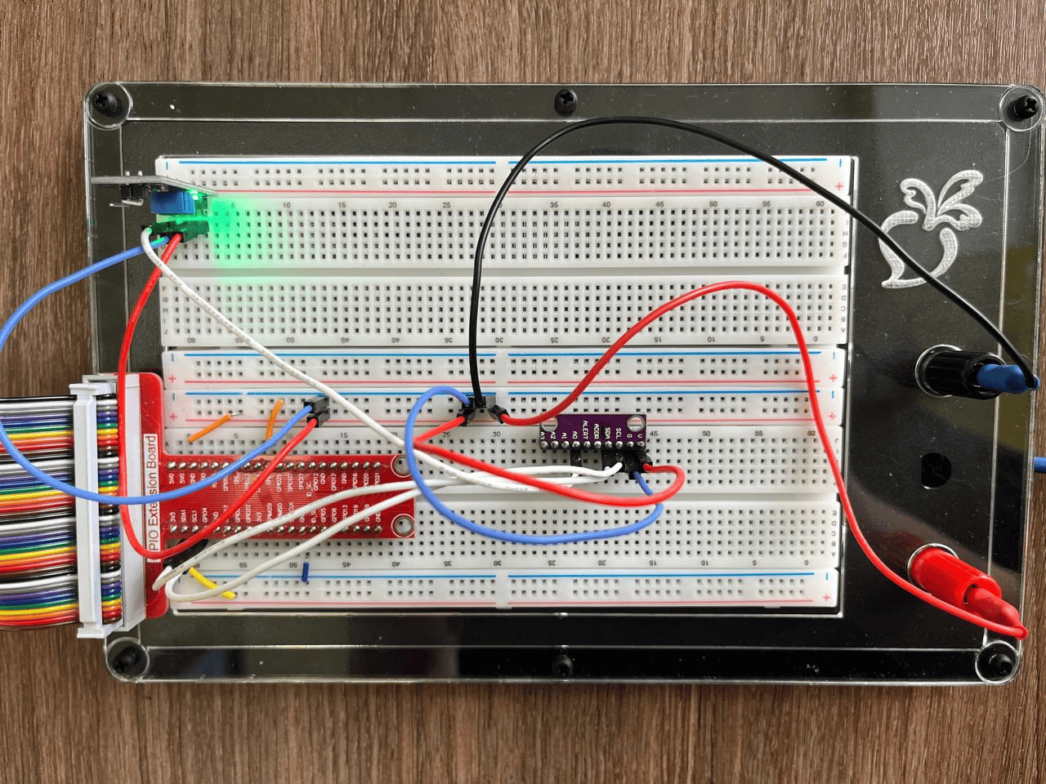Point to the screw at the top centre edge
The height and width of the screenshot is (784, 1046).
(565, 100)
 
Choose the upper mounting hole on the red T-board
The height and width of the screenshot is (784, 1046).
(400, 465)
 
